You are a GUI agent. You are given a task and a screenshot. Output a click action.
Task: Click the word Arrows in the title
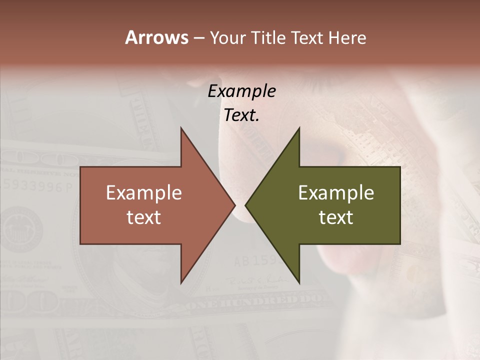click(x=156, y=37)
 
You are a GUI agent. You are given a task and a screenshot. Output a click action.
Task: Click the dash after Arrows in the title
click(x=198, y=38)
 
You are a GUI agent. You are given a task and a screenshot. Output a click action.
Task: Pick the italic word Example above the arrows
click(x=241, y=91)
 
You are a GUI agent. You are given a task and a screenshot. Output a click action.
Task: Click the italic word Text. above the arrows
click(x=241, y=115)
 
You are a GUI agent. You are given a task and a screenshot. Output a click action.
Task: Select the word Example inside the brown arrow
click(x=144, y=192)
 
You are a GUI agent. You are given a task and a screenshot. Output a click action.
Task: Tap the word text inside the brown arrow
click(x=144, y=217)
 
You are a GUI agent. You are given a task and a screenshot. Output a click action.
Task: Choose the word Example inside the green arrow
click(x=336, y=192)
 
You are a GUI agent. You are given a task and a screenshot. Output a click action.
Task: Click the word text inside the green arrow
click(x=336, y=217)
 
